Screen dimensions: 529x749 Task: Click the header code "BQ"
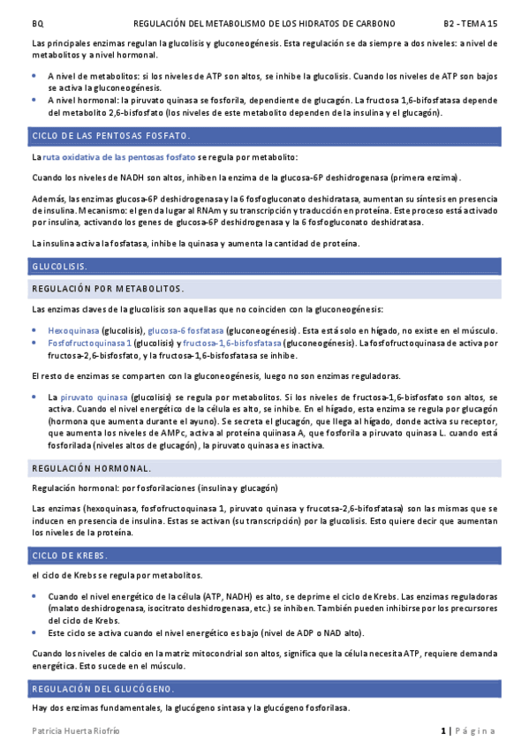pos(36,23)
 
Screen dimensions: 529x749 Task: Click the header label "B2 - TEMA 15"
pos(470,23)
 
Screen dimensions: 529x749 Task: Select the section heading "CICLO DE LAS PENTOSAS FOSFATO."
pos(110,136)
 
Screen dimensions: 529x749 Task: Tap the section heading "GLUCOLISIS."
pos(60,266)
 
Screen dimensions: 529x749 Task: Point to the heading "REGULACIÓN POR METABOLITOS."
pos(108,289)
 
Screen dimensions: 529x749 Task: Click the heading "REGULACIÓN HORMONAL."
pos(91,467)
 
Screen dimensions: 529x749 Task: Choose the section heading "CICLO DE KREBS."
pos(70,556)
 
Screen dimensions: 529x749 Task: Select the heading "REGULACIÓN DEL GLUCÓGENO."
pos(102,688)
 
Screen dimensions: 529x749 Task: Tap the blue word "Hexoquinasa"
pos(73,329)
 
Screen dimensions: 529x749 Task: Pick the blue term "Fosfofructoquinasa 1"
pos(89,342)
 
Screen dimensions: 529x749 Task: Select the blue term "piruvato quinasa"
pos(93,398)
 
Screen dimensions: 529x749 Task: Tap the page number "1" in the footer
pos(444,730)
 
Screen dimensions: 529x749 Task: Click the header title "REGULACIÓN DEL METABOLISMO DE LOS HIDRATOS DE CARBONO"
pos(264,23)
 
